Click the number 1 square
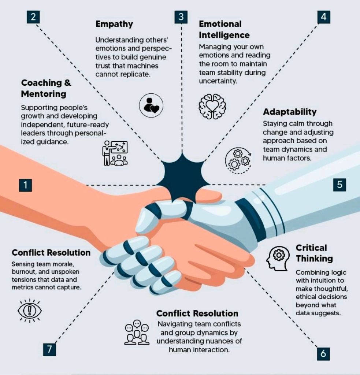coord(25,185)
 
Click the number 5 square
coord(339,185)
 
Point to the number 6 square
coord(323,354)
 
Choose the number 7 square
coord(49,349)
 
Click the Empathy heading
coord(114,24)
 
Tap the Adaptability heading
coord(289,112)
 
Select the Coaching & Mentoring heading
coord(46,88)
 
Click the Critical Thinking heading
coord(314,253)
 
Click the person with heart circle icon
coord(151,105)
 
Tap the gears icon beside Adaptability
coord(238,159)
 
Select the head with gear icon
coord(278,258)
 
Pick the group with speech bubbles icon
coord(137,333)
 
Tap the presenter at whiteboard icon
coord(115,153)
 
